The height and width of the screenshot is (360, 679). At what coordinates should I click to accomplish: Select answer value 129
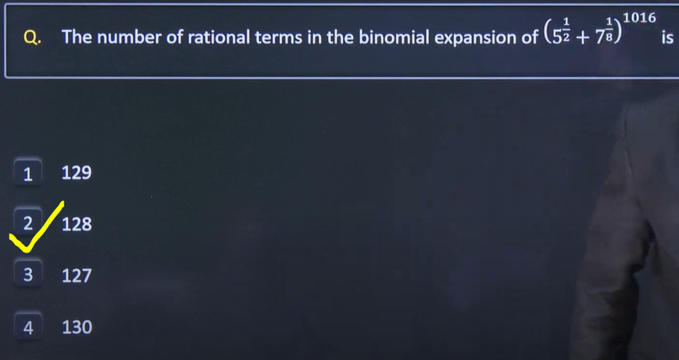click(77, 173)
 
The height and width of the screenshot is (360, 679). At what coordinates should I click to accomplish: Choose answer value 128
click(77, 224)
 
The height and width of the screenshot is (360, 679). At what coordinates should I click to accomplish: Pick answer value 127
click(77, 276)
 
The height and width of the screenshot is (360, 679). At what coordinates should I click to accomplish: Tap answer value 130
click(77, 327)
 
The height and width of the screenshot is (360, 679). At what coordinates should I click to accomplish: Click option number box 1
click(28, 173)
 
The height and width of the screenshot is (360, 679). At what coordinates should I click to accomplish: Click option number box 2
click(28, 223)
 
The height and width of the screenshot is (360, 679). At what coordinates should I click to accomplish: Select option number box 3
click(28, 274)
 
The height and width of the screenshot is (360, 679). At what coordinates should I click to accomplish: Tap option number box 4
click(28, 326)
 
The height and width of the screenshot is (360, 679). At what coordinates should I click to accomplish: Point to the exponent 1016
click(639, 18)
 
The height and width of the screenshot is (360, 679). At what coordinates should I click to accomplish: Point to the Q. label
click(32, 39)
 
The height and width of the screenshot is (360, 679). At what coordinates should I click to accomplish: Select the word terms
click(279, 38)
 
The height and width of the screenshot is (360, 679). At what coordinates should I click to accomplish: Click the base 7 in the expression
click(600, 39)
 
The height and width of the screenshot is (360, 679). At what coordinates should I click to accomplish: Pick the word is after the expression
click(667, 37)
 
